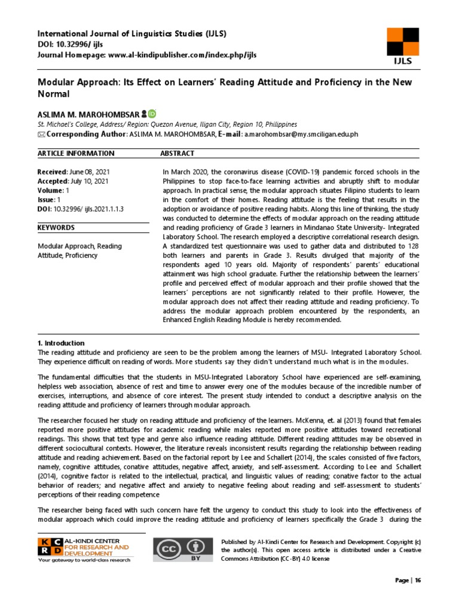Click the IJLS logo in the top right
click(402, 46)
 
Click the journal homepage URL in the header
click(181, 55)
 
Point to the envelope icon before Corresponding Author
click(41, 134)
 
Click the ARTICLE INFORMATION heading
click(75, 154)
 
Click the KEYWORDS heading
click(56, 228)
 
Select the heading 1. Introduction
click(61, 343)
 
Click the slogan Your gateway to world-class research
click(85, 560)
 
